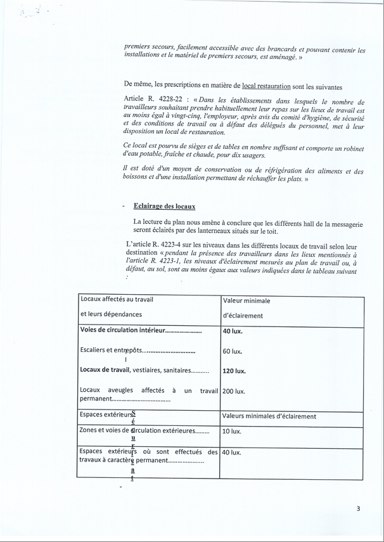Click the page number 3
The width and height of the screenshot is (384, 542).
coord(358,508)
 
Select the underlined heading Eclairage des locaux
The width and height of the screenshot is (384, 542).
coord(164,206)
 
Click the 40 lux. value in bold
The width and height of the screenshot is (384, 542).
coord(233,330)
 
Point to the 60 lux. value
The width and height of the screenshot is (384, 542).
coord(232,351)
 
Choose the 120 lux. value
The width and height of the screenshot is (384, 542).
coord(234,371)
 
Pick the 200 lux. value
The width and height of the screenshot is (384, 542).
coord(234,391)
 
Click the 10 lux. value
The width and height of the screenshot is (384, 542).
coord(231,432)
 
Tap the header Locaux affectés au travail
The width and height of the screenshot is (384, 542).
coord(117,299)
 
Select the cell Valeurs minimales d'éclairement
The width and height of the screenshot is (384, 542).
coord(269,416)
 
